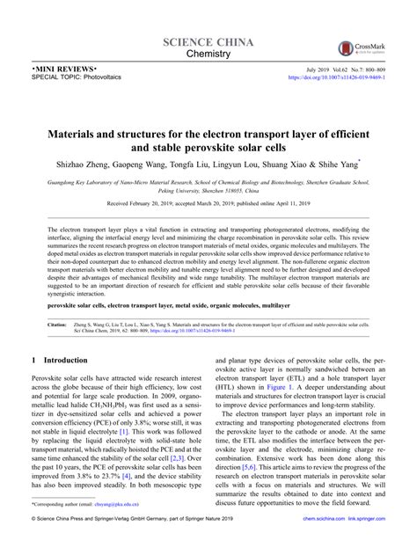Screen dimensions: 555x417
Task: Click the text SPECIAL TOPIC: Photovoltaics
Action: (x=64, y=77)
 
